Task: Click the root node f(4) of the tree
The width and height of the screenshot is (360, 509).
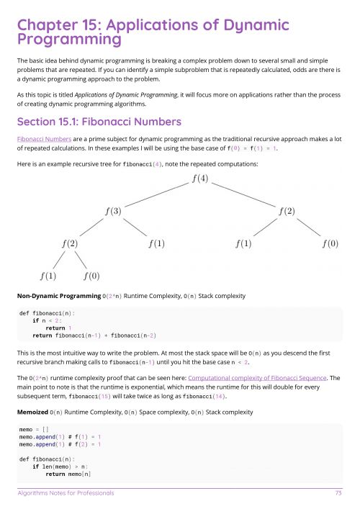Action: pos(200,179)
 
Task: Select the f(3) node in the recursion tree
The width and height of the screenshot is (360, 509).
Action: pos(113,211)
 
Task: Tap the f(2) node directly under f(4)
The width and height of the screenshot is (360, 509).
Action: pos(287,211)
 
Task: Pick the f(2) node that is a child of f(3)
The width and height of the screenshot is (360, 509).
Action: pos(69,243)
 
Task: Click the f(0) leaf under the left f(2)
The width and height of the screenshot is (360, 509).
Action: pos(91,276)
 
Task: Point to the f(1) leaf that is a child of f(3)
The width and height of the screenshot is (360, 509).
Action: pos(156,243)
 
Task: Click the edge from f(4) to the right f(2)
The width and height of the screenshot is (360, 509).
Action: pos(243,194)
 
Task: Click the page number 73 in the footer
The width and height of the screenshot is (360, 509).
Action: pos(338,493)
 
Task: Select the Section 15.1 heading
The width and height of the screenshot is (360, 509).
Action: pos(99,120)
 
